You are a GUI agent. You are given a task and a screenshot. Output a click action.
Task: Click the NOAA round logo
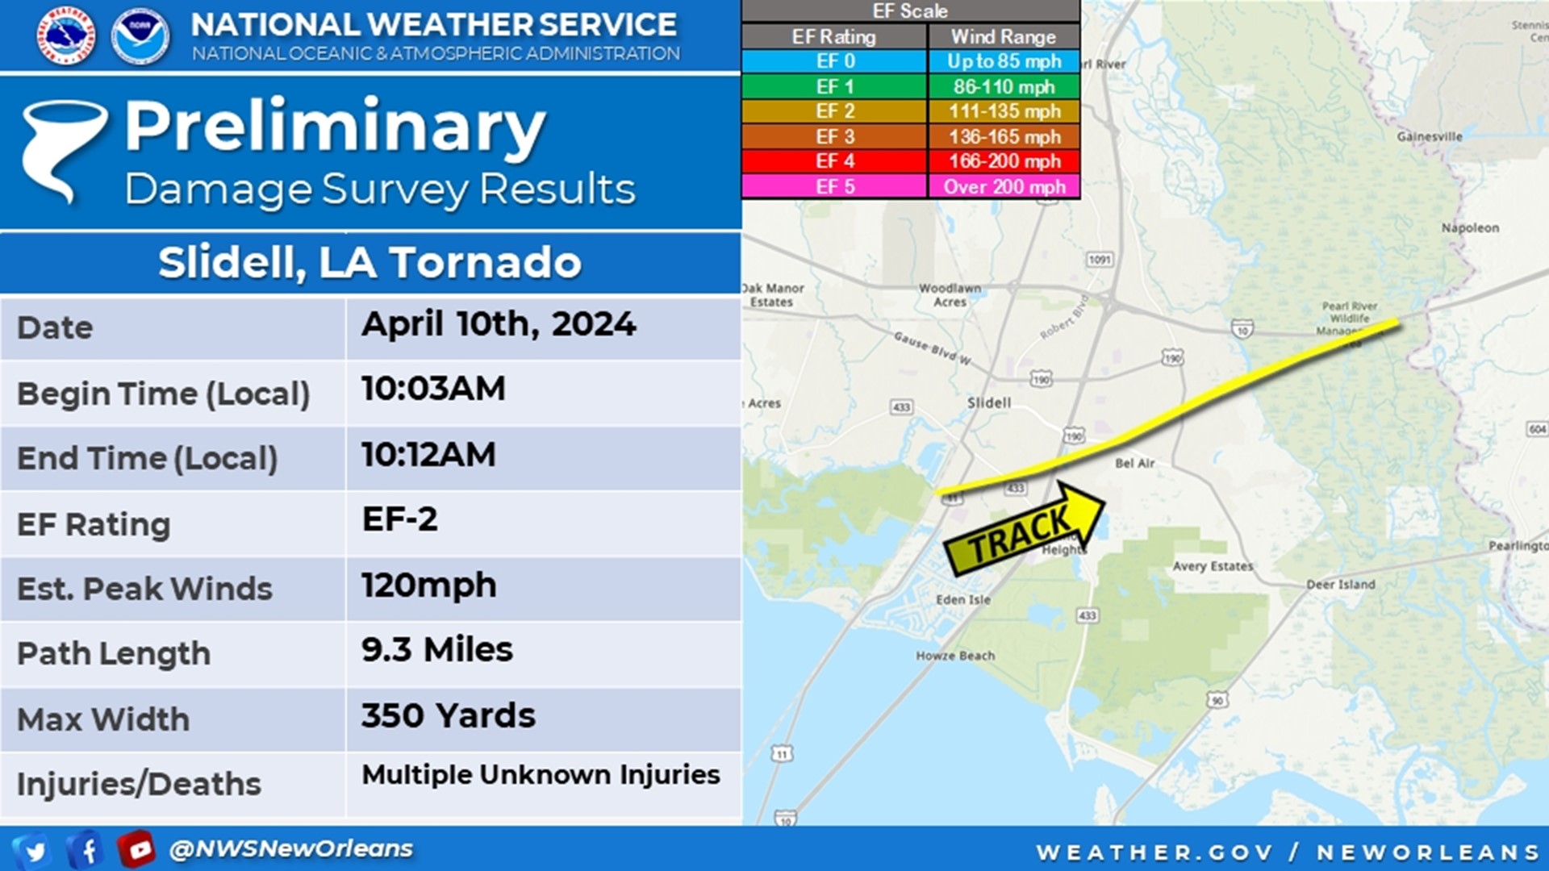click(x=140, y=36)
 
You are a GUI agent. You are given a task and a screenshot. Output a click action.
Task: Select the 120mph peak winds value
click(x=428, y=586)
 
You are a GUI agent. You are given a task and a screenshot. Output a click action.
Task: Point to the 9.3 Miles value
click(x=436, y=650)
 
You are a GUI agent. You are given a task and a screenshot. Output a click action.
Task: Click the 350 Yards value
click(x=448, y=716)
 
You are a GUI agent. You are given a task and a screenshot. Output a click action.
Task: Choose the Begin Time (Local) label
click(x=164, y=394)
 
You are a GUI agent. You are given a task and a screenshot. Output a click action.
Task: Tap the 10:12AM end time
click(x=428, y=455)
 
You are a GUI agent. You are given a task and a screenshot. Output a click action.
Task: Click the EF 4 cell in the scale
click(x=834, y=161)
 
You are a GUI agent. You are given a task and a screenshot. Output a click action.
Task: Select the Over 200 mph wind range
click(x=1004, y=187)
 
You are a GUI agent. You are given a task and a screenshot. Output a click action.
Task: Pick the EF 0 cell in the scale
click(x=834, y=61)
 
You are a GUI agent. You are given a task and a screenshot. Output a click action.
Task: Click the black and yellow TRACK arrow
click(x=1024, y=531)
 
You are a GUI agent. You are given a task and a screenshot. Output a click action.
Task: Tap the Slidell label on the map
click(x=988, y=402)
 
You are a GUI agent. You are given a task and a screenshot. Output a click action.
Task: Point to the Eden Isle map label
click(x=962, y=600)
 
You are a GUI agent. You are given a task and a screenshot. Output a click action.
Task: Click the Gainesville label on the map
click(x=1429, y=137)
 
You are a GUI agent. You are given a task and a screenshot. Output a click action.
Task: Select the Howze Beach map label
click(x=954, y=656)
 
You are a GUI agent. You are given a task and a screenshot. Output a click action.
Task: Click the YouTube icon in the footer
click(x=136, y=849)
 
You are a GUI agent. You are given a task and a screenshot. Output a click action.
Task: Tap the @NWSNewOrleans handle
click(x=290, y=849)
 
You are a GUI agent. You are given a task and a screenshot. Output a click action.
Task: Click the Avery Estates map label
click(x=1213, y=566)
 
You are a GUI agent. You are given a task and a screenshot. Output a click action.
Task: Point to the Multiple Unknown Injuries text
click(x=541, y=775)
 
